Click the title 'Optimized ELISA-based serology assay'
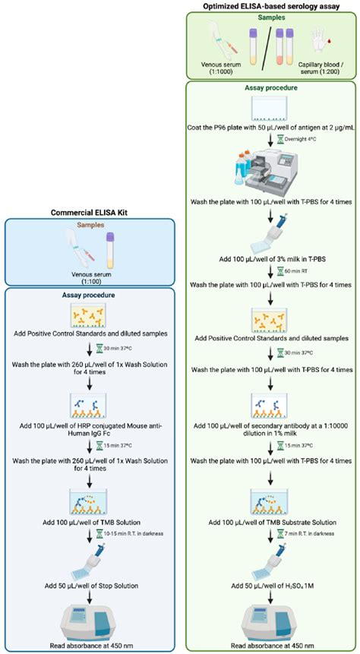point(272,7)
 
